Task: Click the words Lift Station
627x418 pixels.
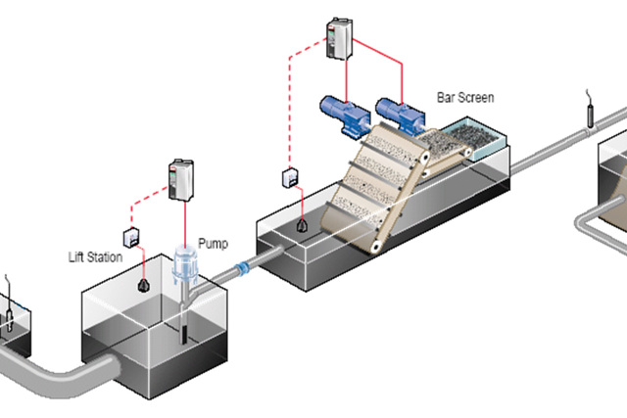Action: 96,257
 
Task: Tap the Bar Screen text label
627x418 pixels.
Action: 464,97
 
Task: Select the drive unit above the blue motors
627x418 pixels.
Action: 338,39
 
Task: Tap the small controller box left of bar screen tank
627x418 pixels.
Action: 290,177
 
